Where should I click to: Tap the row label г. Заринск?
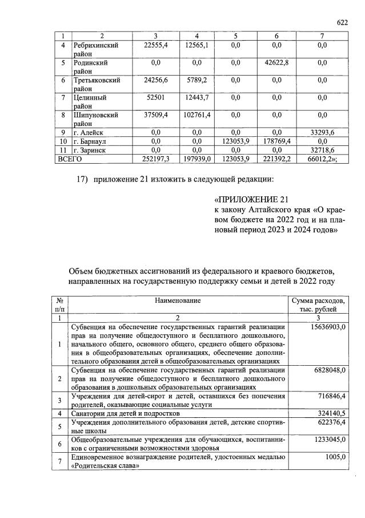pyautogui.click(x=90, y=149)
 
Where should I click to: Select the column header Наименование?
pyautogui.click(x=177, y=300)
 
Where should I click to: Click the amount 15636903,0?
pyautogui.click(x=326, y=326)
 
